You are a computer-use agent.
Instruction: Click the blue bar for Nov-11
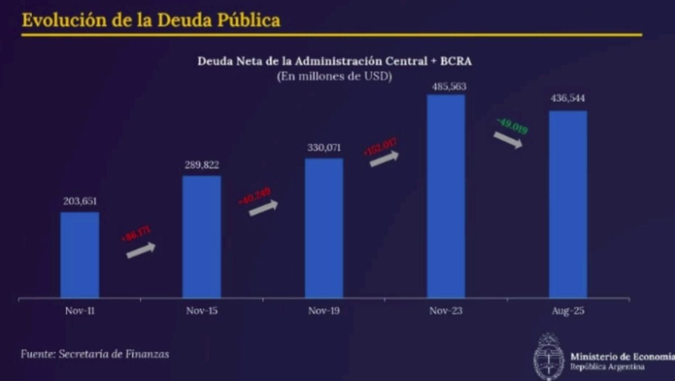point(80,254)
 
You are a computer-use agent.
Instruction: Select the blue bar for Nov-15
point(201,236)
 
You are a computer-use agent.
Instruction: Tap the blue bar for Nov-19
point(324,227)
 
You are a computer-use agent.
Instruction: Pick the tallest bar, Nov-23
point(446,196)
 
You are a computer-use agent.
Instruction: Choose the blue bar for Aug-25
point(568,204)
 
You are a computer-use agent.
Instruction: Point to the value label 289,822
point(201,165)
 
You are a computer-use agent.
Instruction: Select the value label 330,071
point(324,148)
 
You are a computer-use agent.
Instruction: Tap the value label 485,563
point(446,87)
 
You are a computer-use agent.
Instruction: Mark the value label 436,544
point(568,98)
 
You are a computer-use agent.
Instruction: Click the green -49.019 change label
point(512,126)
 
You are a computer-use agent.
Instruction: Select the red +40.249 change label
point(255,196)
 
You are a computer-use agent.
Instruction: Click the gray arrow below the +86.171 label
point(141,250)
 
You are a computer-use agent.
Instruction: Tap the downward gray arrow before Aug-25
point(508,140)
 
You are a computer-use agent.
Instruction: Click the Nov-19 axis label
point(324,311)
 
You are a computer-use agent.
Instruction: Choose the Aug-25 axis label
point(568,311)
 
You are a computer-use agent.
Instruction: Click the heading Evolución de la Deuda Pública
point(151,21)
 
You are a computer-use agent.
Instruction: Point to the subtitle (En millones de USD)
point(334,76)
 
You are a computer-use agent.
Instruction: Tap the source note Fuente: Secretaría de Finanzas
point(94,354)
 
